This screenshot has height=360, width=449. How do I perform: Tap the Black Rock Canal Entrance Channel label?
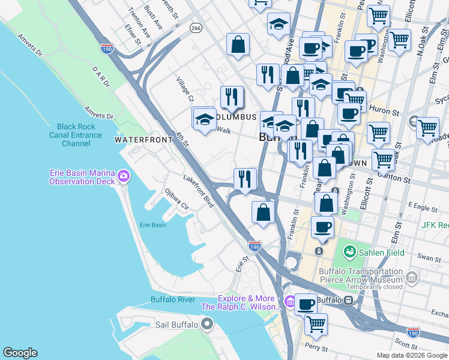pos(76,135)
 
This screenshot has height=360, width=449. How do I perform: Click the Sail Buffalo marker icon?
pos(208,325)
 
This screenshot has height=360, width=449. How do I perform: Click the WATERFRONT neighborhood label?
pos(143,139)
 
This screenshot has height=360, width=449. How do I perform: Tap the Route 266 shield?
pos(196,28)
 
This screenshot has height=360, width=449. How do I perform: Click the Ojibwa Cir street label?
pos(177,199)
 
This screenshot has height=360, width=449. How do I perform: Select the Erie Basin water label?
pos(153,225)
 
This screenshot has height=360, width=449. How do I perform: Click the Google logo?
pos(20,353)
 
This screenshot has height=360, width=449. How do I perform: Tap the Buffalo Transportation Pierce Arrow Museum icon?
pos(411,277)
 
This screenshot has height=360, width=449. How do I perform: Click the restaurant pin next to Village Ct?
pos(231,98)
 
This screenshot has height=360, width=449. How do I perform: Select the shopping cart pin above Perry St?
pos(316,324)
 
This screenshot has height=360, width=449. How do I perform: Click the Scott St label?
pos(406,346)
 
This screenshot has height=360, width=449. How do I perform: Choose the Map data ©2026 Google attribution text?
pos(411,355)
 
